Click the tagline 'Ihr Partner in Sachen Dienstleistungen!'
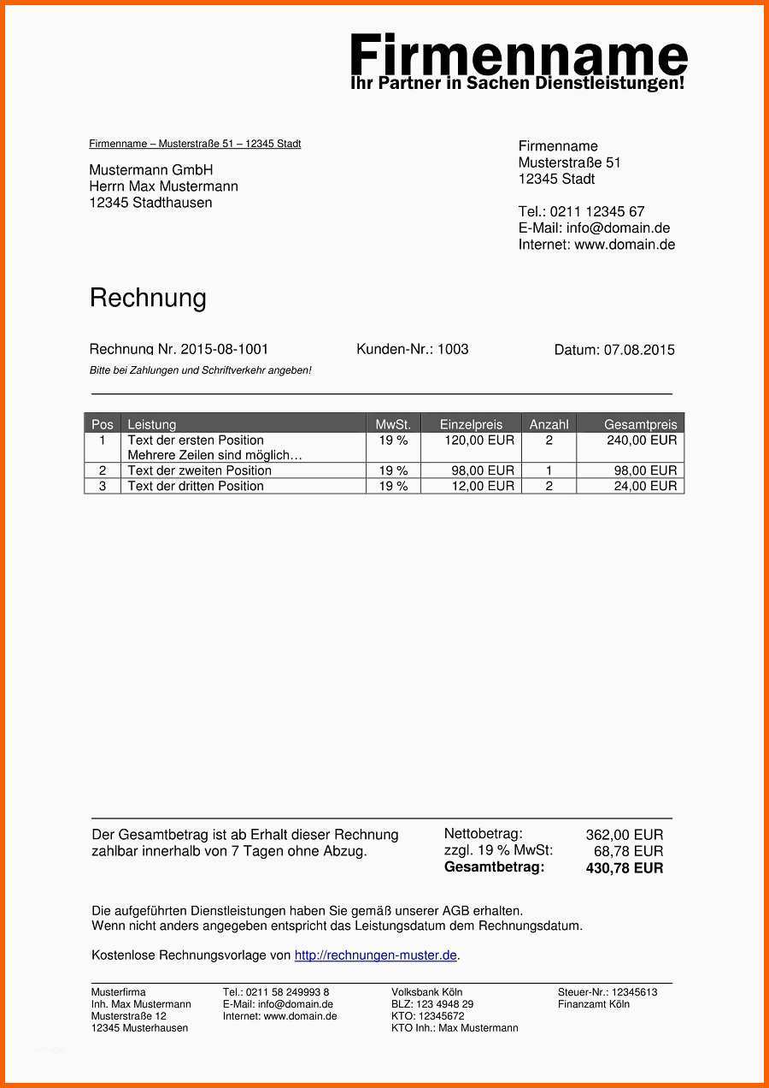pos(518,84)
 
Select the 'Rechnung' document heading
pos(148,298)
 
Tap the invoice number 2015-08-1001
pos(224,349)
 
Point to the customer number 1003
pos(453,349)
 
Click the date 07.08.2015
pos(639,350)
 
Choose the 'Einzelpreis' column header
pos(471,424)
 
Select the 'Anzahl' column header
pos(549,424)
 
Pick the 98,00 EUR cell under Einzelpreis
pos(483,470)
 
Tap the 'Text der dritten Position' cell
pos(196,486)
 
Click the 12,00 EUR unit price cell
pos(483,486)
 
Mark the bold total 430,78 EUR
pos(624,868)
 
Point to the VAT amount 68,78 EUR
pos(628,851)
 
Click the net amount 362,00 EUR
pos(624,835)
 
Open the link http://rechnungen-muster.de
pos(376,955)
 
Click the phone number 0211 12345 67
pos(596,211)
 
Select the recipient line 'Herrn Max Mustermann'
pos(163,186)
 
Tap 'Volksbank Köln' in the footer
pos(426,992)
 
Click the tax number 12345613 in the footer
pos(634,992)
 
